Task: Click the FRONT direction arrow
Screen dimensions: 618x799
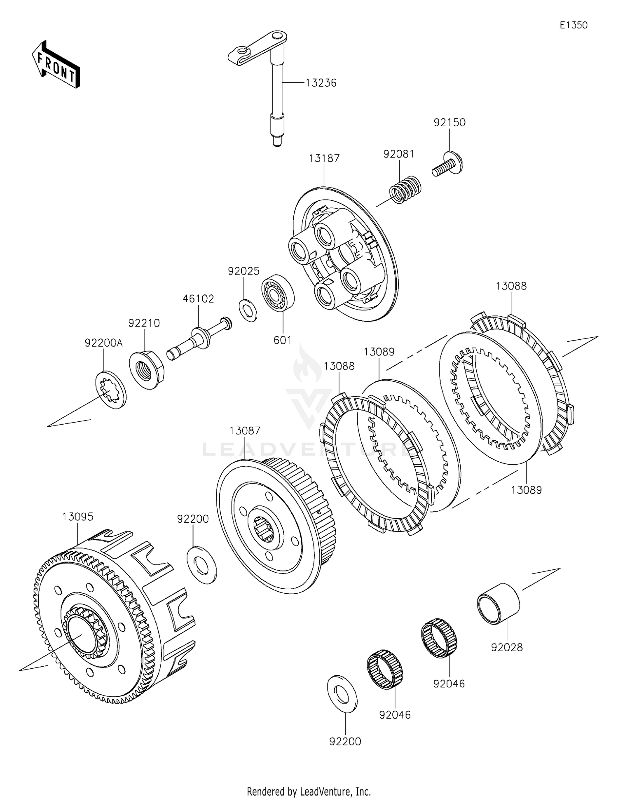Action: tap(56, 64)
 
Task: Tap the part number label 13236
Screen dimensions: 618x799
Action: tap(321, 83)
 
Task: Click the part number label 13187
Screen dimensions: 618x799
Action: tap(324, 158)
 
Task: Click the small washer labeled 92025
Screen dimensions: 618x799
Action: tap(248, 311)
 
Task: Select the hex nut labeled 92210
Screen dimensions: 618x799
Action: tap(146, 369)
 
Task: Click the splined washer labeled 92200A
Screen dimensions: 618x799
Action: tap(111, 390)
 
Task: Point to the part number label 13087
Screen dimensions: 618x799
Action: tap(245, 431)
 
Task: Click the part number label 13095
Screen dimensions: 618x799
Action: tap(78, 517)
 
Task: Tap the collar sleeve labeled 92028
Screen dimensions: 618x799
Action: tap(499, 603)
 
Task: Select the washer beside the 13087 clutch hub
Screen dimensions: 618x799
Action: tap(202, 564)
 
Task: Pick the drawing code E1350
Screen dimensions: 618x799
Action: tap(574, 25)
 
